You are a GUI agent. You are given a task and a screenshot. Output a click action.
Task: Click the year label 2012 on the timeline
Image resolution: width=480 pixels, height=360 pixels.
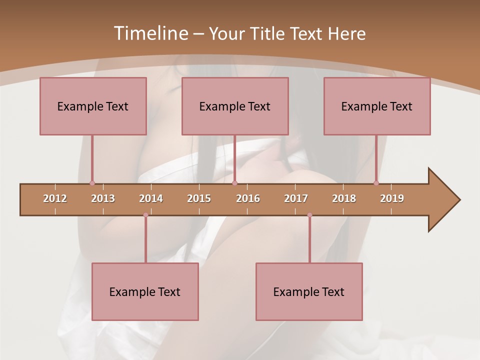coord(55,198)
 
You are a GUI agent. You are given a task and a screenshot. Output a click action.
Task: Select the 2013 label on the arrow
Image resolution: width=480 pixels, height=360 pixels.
coord(103,198)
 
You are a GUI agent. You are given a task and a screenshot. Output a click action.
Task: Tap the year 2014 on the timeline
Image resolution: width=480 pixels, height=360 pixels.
coord(151,198)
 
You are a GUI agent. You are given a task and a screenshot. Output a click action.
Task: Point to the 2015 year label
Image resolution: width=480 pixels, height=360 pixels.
coord(199,198)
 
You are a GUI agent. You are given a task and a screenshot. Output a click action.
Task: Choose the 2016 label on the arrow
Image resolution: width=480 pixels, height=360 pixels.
coord(248,198)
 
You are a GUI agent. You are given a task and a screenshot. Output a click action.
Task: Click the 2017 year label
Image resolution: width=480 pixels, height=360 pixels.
coord(296,198)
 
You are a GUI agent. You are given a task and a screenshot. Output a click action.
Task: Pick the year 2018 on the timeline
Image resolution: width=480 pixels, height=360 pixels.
coord(344,198)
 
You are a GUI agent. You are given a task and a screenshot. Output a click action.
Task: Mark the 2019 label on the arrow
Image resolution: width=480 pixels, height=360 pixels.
coord(392,198)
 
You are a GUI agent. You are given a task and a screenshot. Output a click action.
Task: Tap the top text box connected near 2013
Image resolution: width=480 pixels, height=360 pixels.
coord(93,106)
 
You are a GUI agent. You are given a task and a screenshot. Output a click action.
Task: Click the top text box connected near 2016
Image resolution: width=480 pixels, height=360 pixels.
coord(235,106)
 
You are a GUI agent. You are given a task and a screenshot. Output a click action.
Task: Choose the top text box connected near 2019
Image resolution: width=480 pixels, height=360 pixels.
coord(377,106)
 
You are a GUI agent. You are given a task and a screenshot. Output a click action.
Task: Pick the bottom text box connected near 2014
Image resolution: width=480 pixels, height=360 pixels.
coord(145,291)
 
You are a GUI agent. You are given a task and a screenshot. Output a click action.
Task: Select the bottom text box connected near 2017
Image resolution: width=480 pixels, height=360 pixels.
coord(309,291)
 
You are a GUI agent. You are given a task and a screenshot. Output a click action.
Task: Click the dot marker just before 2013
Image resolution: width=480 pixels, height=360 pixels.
coord(92,183)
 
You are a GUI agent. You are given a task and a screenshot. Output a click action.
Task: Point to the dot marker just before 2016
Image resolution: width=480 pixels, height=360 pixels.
coord(235,183)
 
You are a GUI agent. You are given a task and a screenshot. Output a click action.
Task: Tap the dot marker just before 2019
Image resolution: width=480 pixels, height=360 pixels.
coord(376,183)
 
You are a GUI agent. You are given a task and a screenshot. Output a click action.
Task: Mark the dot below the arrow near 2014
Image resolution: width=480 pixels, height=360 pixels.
coord(145,215)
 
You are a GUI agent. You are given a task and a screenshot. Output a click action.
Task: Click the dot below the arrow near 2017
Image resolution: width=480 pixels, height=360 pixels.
coord(309,215)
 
